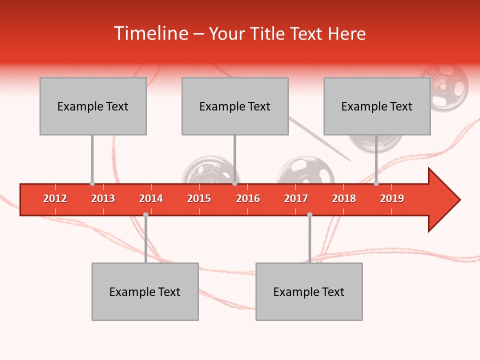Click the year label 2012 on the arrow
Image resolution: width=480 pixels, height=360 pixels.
(x=55, y=198)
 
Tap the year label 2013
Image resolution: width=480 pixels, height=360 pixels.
(x=103, y=198)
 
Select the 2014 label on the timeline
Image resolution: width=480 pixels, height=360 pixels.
(x=151, y=198)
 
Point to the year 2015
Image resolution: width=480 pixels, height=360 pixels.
(x=199, y=198)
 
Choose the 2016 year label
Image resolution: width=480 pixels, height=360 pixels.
(x=248, y=198)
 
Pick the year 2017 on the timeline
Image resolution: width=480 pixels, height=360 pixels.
(x=296, y=198)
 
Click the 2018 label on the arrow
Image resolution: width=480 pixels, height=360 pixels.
(x=344, y=198)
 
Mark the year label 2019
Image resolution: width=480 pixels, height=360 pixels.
(x=392, y=198)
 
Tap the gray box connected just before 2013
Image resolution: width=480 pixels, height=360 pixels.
(x=93, y=106)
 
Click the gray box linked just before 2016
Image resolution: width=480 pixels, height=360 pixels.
(x=235, y=106)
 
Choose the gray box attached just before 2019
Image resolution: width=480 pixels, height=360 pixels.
(x=377, y=106)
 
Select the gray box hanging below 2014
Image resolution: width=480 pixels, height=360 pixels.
(x=145, y=291)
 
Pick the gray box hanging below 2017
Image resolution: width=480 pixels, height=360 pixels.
(x=309, y=291)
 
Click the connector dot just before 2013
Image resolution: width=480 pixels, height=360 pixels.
(x=92, y=183)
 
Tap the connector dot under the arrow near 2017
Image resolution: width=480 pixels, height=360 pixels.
(x=309, y=214)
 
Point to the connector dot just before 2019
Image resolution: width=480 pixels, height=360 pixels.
(x=376, y=183)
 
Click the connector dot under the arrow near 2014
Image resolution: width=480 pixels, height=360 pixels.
(x=145, y=214)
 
